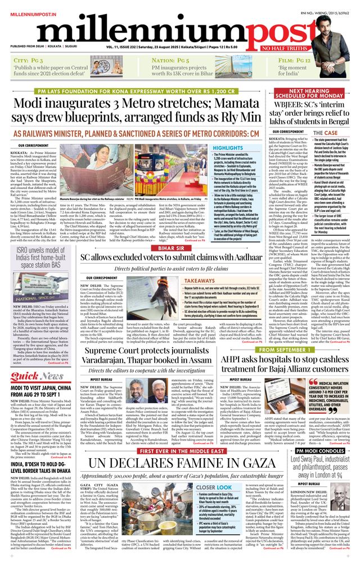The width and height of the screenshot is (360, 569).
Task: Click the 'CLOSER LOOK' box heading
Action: [214, 487]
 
